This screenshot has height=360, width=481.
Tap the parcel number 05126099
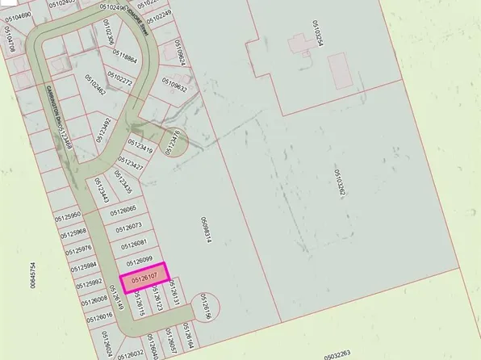coord(140,260)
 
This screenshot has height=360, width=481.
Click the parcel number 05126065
coord(123,209)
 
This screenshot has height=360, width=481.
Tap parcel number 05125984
coord(83,266)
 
